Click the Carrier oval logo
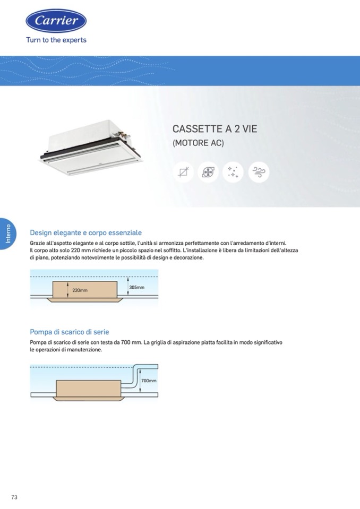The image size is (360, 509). pyautogui.click(x=56, y=21)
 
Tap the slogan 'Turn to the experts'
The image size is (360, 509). pyautogui.click(x=56, y=40)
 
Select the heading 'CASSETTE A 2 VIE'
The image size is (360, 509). pyautogui.click(x=215, y=129)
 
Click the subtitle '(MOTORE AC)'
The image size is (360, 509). pyautogui.click(x=198, y=143)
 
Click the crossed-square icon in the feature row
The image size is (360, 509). pyautogui.click(x=183, y=172)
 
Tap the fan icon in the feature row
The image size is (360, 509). pyautogui.click(x=208, y=172)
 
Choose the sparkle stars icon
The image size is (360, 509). pyautogui.click(x=233, y=172)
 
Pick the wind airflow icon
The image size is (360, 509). pyautogui.click(x=259, y=172)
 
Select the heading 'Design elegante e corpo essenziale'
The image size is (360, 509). pyautogui.click(x=85, y=232)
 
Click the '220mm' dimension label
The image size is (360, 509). pyautogui.click(x=80, y=290)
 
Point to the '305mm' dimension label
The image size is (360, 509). pyautogui.click(x=136, y=287)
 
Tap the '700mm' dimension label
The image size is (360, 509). pyautogui.click(x=149, y=381)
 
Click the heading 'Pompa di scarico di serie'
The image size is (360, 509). pyautogui.click(x=70, y=332)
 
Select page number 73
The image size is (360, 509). pyautogui.click(x=14, y=497)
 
